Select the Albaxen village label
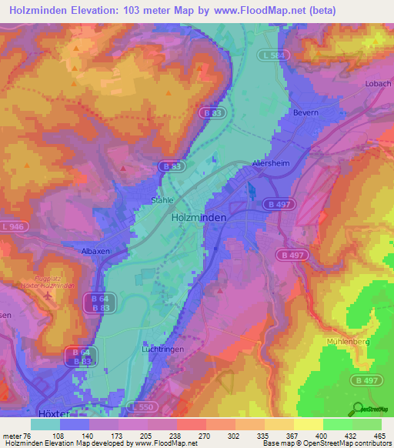[96, 251]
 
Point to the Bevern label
[306, 112]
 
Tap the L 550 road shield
[142, 406]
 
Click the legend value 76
[31, 434]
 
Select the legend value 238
[176, 434]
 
